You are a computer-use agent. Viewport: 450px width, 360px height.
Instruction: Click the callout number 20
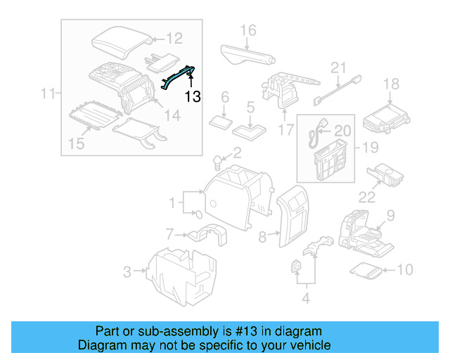click(342, 130)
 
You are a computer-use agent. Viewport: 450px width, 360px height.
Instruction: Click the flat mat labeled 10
click(367, 269)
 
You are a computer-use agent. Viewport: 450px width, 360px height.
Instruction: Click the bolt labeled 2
click(219, 163)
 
